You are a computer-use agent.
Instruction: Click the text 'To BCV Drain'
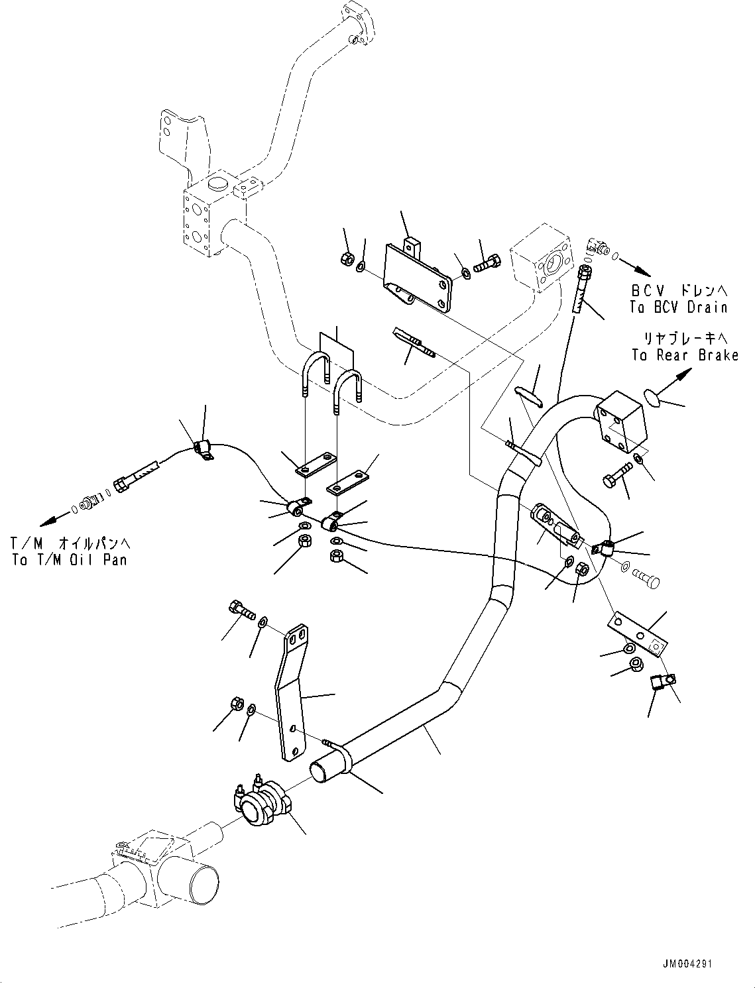tap(678, 307)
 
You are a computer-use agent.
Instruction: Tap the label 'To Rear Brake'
tap(685, 356)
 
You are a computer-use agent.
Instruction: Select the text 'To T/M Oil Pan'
tap(69, 559)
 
